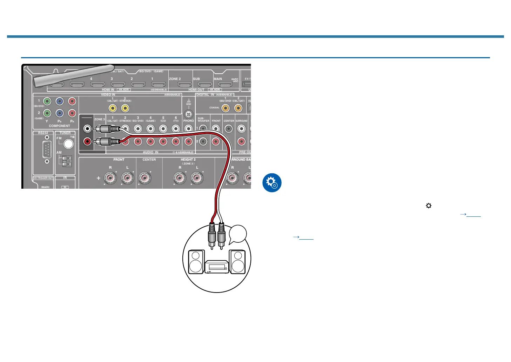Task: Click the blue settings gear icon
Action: click(272, 183)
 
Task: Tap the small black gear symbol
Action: click(428, 206)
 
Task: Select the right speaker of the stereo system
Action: click(237, 261)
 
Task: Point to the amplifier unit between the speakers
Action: click(217, 267)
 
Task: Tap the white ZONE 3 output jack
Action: click(87, 129)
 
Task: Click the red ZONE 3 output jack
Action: click(87, 142)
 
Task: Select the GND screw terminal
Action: click(189, 114)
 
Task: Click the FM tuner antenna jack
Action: click(68, 143)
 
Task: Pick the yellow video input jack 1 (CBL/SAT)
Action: click(113, 108)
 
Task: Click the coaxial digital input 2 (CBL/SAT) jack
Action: click(238, 108)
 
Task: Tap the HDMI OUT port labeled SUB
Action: click(204, 85)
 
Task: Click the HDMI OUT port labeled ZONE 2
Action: click(184, 85)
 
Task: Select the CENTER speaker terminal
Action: click(145, 179)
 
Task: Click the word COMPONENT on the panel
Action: click(59, 126)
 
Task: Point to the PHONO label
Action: click(189, 121)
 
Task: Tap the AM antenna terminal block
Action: click(67, 161)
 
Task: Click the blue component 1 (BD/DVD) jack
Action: click(60, 101)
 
